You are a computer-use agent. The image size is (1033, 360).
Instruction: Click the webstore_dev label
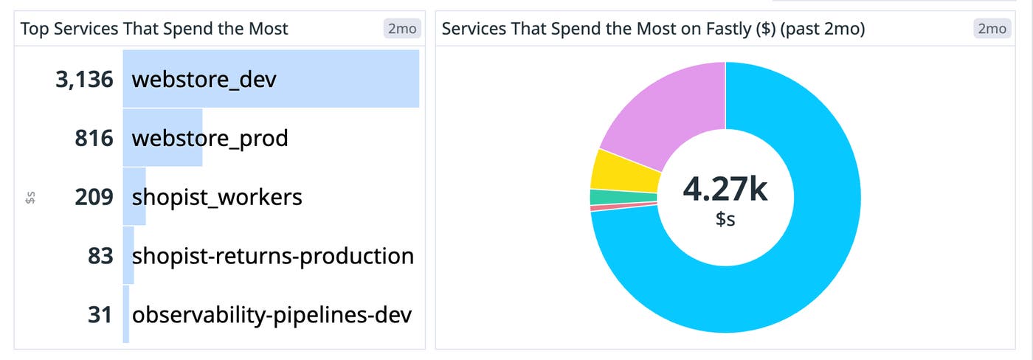pos(204,80)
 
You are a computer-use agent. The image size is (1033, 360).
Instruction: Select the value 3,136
pos(84,80)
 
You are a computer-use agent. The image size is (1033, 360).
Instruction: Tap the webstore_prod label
pos(210,138)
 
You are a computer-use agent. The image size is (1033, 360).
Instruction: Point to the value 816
pos(94,138)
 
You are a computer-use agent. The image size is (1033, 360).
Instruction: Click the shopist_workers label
pos(217,197)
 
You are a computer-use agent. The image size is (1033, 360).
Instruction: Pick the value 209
pos(94,197)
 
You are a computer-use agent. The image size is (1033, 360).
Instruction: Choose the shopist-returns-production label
pos(272,256)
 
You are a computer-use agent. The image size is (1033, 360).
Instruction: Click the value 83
pos(100,256)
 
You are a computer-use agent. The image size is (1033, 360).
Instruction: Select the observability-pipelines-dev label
pos(272,315)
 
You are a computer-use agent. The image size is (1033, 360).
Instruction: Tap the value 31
pos(100,315)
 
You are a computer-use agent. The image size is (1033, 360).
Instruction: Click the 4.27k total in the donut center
pos(725,190)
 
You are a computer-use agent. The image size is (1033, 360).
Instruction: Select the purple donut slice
pos(664,111)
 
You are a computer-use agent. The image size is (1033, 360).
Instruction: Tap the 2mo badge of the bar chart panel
pos(401,29)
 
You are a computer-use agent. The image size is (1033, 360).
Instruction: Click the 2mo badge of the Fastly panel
pos(991,29)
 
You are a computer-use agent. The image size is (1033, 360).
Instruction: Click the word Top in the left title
pos(33,29)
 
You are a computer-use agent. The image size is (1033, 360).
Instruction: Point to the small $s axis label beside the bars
pos(30,197)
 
